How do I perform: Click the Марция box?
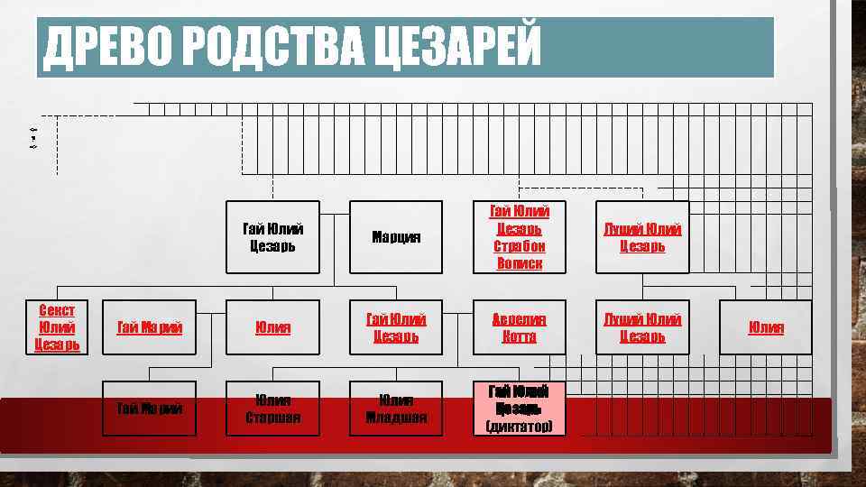[396, 237]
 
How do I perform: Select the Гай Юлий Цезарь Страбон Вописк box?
[519, 237]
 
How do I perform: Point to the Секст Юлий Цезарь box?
[58, 327]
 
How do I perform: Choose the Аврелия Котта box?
[519, 327]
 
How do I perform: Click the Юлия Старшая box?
[272, 409]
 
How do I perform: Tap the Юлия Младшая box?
[396, 409]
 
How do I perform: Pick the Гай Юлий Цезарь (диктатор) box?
[519, 409]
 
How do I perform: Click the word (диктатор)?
[519, 426]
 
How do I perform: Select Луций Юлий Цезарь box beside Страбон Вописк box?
[642, 237]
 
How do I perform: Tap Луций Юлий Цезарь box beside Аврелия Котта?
[642, 327]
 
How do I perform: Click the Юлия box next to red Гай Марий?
[272, 327]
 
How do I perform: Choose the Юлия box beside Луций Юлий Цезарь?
[766, 327]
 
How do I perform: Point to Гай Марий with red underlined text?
[150, 327]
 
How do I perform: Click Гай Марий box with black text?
[150, 409]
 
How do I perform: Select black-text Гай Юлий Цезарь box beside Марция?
[272, 237]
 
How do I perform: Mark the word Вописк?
[519, 263]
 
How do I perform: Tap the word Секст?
[58, 310]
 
